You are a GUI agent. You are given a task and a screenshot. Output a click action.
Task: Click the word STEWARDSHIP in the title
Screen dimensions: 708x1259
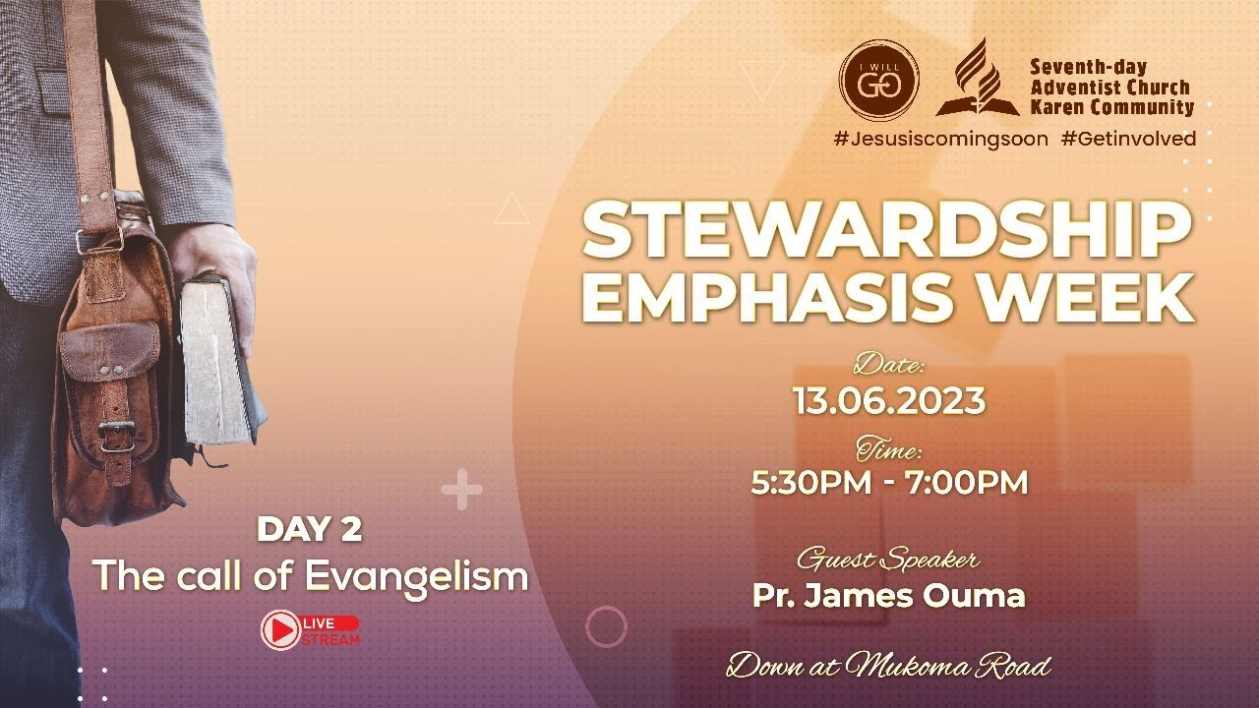coord(886,230)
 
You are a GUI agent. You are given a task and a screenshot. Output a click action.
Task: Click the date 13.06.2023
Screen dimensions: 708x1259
coord(889,401)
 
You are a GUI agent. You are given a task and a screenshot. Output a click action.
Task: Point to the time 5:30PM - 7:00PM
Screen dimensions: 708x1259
coord(889,483)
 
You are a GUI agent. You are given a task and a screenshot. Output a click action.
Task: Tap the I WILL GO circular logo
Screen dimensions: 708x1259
coord(878,80)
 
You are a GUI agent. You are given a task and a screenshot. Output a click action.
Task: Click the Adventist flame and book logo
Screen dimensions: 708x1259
coord(977,79)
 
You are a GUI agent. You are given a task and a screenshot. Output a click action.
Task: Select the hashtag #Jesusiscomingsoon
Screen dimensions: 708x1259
coord(940,139)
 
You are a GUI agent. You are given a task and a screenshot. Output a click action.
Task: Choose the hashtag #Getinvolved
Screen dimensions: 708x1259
coord(1129,139)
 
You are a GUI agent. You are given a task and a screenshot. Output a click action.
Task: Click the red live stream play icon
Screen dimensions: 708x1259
coord(281,630)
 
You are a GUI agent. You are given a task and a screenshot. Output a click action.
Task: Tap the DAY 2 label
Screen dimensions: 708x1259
coord(309,530)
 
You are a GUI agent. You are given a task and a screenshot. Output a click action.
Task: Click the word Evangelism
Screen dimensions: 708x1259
coord(416,576)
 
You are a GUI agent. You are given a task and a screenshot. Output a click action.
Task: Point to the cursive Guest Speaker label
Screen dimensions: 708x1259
coord(887,560)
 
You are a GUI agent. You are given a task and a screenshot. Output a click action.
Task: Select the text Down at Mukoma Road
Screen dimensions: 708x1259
coord(888,668)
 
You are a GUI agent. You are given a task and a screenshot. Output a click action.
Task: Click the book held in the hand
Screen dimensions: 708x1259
coord(211,364)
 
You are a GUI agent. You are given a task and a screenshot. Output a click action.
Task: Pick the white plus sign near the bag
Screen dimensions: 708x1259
coord(461,490)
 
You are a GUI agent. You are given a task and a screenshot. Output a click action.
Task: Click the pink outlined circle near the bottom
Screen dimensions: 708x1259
coord(606,626)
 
